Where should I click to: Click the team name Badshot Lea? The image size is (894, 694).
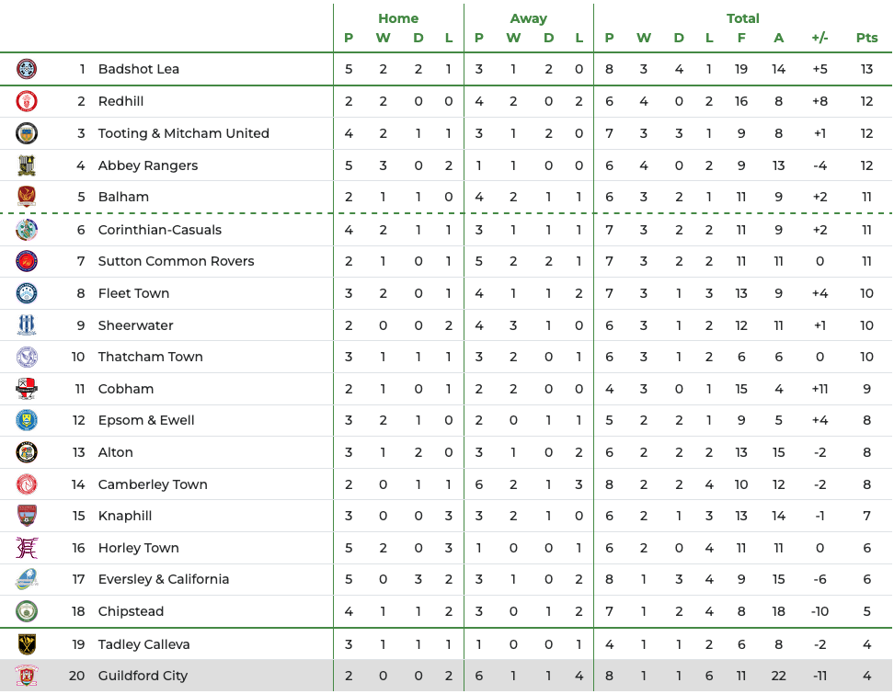click(x=138, y=69)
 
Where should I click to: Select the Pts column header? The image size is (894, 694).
click(x=866, y=38)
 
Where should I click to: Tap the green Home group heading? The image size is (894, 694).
click(x=398, y=18)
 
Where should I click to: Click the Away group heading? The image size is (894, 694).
click(x=528, y=18)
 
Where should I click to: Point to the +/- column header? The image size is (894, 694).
click(x=819, y=38)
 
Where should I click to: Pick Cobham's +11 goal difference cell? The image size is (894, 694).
click(x=819, y=389)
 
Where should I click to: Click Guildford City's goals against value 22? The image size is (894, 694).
click(x=779, y=676)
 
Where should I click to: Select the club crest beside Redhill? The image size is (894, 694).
click(x=27, y=101)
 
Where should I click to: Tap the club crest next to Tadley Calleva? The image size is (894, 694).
click(x=27, y=643)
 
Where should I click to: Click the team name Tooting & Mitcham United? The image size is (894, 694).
click(x=183, y=133)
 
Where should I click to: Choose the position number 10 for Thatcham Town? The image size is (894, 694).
click(x=77, y=357)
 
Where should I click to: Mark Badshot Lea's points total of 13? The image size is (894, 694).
click(x=866, y=69)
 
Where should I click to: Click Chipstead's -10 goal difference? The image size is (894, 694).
click(x=819, y=611)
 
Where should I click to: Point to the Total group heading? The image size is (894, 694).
click(x=742, y=18)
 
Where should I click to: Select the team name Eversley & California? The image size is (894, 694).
click(x=163, y=579)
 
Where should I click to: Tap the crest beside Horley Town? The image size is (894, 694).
click(x=27, y=548)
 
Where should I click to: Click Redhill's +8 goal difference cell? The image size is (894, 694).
click(x=819, y=101)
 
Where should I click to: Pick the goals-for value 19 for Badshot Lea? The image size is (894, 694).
click(x=741, y=69)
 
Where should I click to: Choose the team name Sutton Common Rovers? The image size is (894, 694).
click(x=176, y=261)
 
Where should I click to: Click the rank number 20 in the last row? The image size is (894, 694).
click(x=76, y=676)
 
